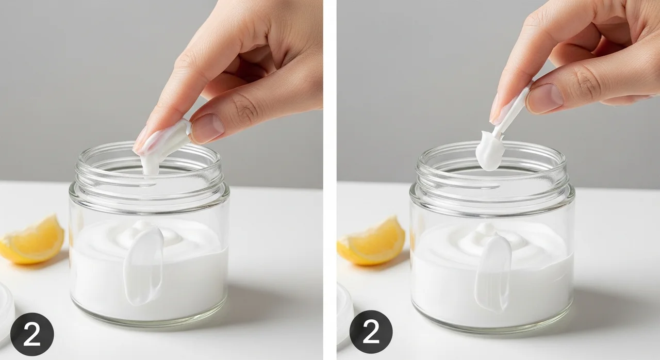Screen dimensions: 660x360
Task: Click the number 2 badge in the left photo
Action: click(32, 334)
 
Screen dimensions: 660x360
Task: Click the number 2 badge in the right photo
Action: click(371, 332)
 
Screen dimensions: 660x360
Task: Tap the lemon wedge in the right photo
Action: click(371, 241)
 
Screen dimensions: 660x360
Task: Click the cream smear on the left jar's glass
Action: click(143, 266)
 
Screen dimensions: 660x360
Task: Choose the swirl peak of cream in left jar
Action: click(145, 227)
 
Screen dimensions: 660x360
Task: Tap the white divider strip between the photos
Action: click(330, 180)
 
